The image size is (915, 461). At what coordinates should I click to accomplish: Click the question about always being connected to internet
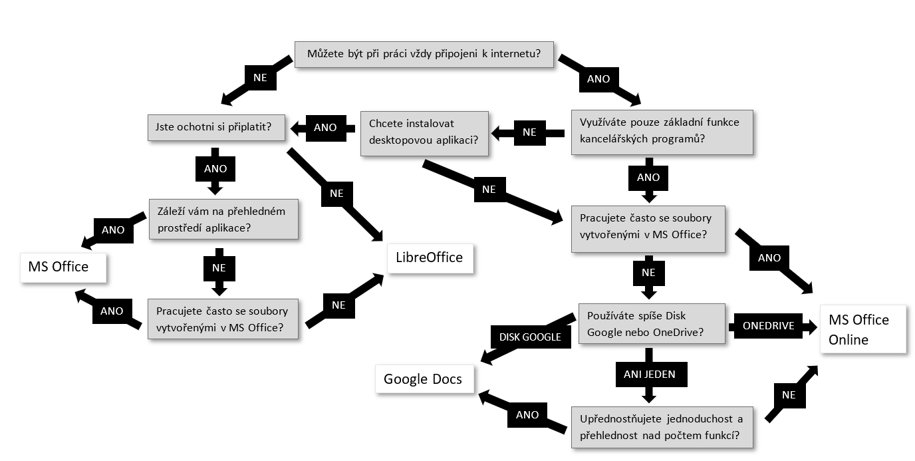424,54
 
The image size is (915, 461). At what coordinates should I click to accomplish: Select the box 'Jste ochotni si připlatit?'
216,126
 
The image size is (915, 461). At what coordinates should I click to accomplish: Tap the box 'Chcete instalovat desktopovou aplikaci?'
425,133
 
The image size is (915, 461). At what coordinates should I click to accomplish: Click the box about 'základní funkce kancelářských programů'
662,132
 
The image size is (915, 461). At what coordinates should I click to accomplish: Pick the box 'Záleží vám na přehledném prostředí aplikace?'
223,219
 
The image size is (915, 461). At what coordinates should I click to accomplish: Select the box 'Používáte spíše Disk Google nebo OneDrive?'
651,324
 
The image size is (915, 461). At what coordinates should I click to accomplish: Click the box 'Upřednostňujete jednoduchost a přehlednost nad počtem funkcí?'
662,427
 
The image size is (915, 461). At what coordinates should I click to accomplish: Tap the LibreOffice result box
430,257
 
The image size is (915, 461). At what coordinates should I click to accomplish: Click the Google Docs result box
423,379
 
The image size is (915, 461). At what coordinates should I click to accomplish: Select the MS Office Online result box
863,329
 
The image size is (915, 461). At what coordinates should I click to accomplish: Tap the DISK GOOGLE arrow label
530,337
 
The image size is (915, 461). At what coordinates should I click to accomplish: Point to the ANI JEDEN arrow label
650,375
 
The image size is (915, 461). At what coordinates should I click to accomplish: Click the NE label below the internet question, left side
260,77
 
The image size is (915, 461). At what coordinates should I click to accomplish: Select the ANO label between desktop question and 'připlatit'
325,127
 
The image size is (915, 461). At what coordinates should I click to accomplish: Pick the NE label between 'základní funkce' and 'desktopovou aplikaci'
529,132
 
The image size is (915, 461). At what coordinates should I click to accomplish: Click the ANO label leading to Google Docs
527,414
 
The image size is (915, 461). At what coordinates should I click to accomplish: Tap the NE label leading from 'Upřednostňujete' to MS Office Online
789,394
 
